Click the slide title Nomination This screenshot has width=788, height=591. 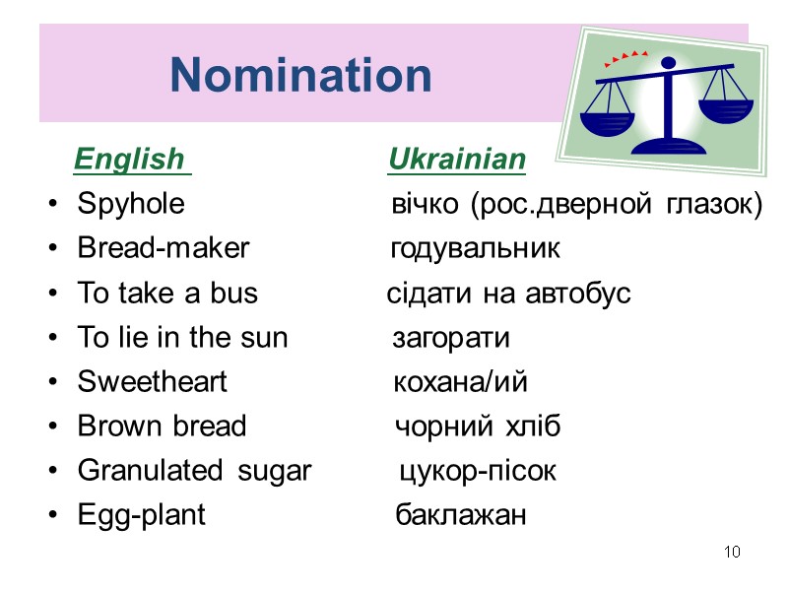coord(300,75)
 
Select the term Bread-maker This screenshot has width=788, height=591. coord(163,249)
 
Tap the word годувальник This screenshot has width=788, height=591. coord(475,249)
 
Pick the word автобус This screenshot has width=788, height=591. coord(579,295)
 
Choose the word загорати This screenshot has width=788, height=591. coord(451,339)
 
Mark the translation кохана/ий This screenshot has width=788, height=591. coord(460,383)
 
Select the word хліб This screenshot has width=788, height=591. coord(533,427)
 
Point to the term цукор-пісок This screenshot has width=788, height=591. coord(477,472)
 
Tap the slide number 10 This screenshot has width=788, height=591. coord(731,552)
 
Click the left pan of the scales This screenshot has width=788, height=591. coord(608,123)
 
